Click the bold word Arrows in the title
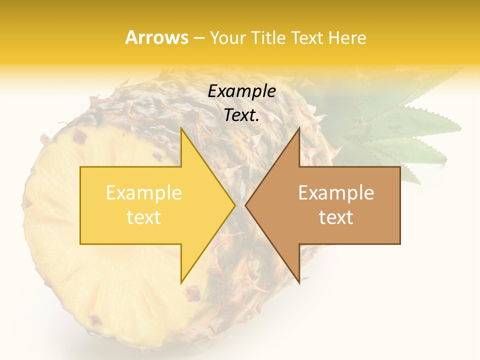tap(156, 37)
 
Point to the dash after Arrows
tap(199, 38)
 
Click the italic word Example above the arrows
tap(242, 91)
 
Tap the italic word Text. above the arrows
tap(242, 115)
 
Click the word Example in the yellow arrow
tap(144, 193)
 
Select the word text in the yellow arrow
tap(144, 217)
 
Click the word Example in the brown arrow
tap(336, 193)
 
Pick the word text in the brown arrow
tap(336, 217)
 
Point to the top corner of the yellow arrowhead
tap(182, 129)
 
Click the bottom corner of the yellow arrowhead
tap(182, 282)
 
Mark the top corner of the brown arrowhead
tap(298, 129)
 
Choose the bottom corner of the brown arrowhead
tap(298, 282)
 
